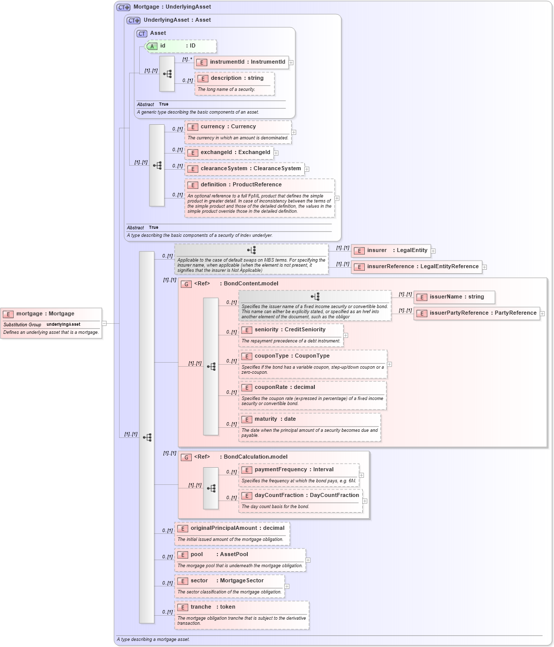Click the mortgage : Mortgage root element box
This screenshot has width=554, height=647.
(x=45, y=314)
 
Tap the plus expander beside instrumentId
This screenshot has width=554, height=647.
(x=291, y=63)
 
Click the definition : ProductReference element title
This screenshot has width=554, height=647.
(x=241, y=185)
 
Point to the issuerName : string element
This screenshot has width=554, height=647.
(x=454, y=297)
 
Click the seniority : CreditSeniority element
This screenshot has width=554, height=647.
(x=290, y=330)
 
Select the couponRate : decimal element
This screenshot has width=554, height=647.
(x=285, y=387)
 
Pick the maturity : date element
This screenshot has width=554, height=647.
(x=275, y=419)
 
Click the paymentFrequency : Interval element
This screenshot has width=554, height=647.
(x=294, y=470)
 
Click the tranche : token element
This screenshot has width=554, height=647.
(x=212, y=607)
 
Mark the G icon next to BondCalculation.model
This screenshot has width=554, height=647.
(x=186, y=457)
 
